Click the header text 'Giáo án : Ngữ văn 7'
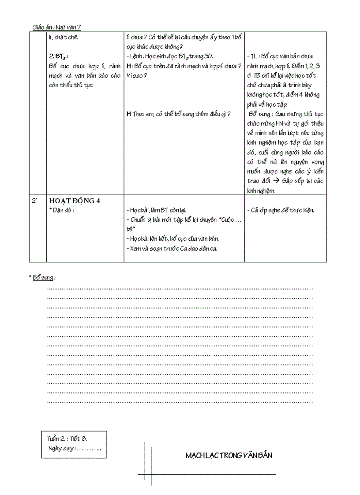click(56, 27)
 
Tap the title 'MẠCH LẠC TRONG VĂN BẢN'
click(229, 455)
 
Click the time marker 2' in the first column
click(34, 201)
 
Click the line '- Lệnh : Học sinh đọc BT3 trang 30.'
click(169, 56)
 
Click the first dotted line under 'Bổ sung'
click(180, 289)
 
